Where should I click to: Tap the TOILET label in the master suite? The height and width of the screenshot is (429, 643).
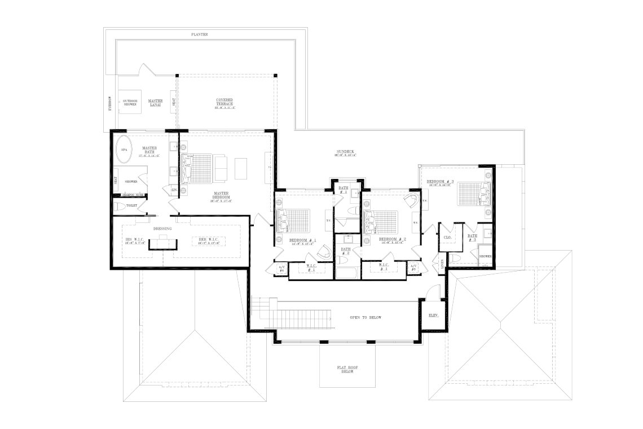(132, 205)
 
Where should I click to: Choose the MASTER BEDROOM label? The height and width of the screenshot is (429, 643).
(221, 195)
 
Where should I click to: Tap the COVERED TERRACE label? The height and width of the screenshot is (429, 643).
(224, 102)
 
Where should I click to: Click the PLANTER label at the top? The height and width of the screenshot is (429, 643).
(200, 34)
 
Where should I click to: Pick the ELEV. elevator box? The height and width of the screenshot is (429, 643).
(434, 314)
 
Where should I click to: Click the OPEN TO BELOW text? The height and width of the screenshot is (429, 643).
(365, 318)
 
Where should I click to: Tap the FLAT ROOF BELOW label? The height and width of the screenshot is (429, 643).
(345, 370)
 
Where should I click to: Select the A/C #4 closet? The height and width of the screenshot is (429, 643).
(281, 269)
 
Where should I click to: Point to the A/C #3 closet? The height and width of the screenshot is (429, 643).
(413, 268)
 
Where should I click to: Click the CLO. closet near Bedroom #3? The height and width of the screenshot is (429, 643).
(447, 238)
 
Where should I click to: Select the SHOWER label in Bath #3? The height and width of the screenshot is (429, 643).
(485, 256)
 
